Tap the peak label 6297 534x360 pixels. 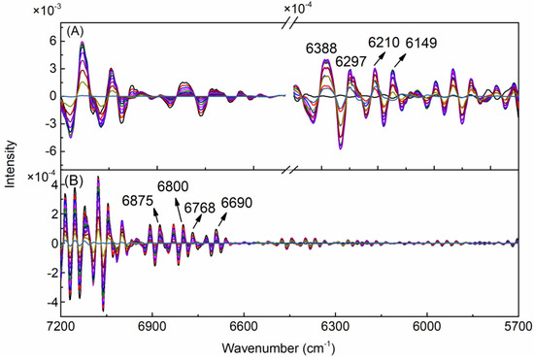(x=350, y=63)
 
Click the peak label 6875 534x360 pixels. (x=140, y=201)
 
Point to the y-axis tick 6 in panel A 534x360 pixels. (x=52, y=42)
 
